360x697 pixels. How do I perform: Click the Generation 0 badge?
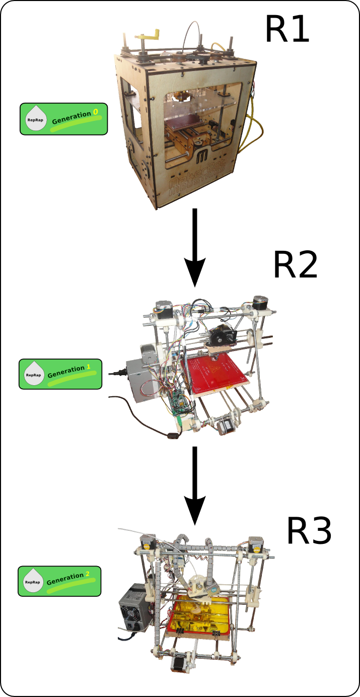click(x=64, y=119)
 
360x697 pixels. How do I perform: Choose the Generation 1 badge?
click(x=60, y=374)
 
